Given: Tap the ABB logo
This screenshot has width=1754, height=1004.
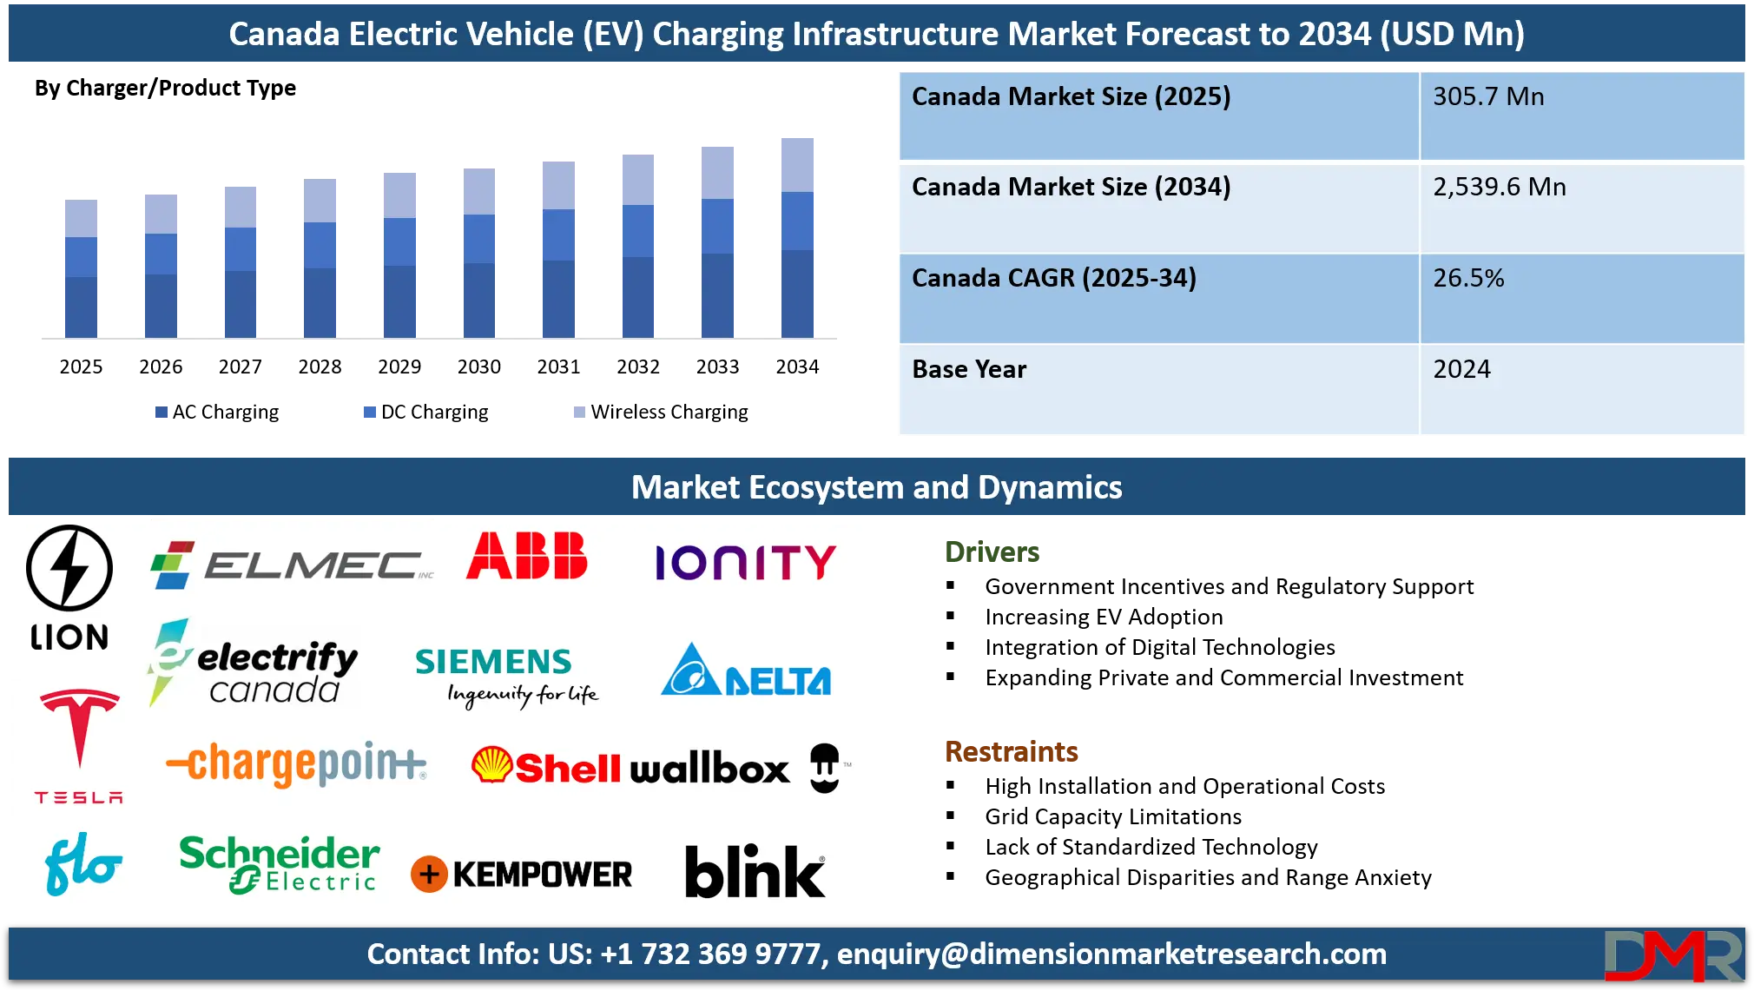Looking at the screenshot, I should (x=527, y=557).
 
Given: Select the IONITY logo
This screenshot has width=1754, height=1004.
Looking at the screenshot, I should (x=745, y=563).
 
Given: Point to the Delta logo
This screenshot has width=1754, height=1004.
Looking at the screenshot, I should (x=746, y=671).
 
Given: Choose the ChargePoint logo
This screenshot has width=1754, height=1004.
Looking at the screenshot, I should (x=296, y=764).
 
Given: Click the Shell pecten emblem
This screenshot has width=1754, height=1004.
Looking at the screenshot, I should (x=491, y=765).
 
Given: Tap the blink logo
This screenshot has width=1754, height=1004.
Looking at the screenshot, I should (x=755, y=871).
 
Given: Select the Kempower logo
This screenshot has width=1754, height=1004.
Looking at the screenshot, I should (x=522, y=875).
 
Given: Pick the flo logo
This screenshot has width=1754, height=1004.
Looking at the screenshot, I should (x=82, y=863).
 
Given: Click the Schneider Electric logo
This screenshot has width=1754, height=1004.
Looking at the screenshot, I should (x=279, y=864).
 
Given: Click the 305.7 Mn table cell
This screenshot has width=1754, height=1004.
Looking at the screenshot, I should (x=1580, y=116).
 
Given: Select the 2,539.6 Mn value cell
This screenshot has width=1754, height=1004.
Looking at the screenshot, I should (x=1580, y=207).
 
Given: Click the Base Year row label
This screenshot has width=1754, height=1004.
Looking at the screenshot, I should (x=969, y=370).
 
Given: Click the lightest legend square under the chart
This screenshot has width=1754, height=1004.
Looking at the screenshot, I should (x=579, y=413).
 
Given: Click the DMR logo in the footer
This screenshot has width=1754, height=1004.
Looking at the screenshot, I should (x=1672, y=955).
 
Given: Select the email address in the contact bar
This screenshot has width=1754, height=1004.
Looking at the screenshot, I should (x=1111, y=954).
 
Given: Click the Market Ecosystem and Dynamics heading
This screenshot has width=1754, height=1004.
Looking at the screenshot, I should (x=876, y=487).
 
